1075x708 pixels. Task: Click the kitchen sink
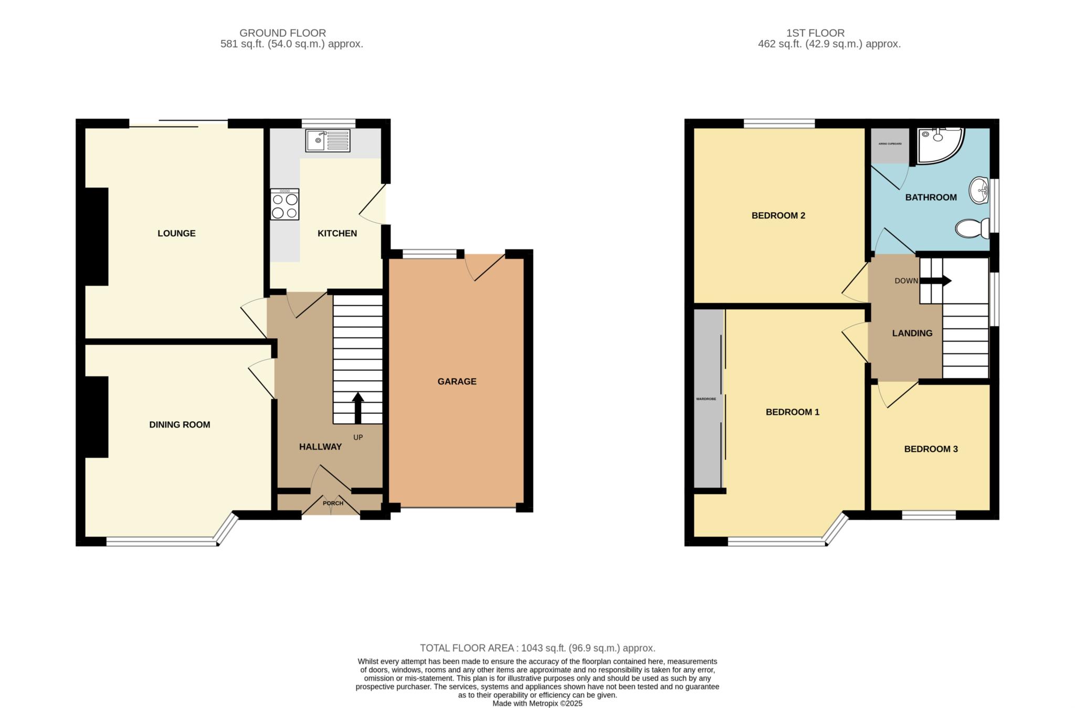328,141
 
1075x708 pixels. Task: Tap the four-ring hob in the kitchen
284,204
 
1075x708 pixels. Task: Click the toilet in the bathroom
972,228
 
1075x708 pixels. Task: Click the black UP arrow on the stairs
358,408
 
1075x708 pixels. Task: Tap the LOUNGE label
176,233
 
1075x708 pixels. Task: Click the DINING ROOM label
180,424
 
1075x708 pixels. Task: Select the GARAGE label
457,381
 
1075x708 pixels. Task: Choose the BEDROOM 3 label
931,449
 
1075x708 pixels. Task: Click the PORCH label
333,503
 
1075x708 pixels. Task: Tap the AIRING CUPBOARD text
890,143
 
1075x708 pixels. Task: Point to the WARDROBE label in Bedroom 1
706,399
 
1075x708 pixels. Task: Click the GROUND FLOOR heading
283,33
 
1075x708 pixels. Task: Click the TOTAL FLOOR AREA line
537,648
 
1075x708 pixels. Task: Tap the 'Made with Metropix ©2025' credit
537,703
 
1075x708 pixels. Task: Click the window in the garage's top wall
429,254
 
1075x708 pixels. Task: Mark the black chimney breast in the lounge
97,236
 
